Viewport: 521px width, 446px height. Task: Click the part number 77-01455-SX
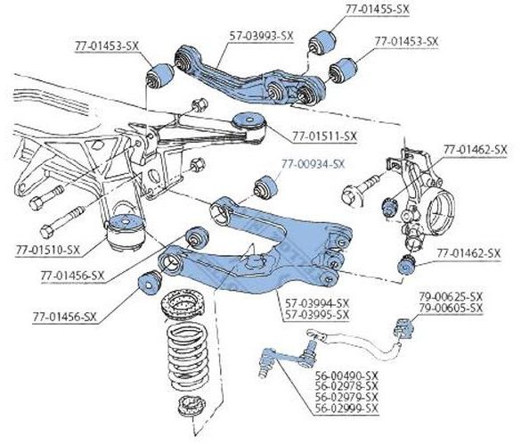click(x=377, y=9)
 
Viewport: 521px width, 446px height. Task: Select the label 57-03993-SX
click(x=262, y=36)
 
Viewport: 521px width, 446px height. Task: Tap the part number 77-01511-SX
click(x=324, y=136)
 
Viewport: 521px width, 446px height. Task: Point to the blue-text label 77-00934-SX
click(x=313, y=164)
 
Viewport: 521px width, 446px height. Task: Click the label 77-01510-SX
click(x=48, y=250)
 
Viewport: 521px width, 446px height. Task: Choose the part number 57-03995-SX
click(x=317, y=314)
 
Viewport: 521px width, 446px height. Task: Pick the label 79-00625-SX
click(x=451, y=296)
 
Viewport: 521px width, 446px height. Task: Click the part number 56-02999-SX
click(x=346, y=408)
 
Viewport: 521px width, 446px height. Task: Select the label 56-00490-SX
click(x=346, y=376)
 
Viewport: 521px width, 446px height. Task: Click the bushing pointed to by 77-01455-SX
click(x=322, y=42)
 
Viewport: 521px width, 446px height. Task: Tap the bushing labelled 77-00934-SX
click(x=265, y=186)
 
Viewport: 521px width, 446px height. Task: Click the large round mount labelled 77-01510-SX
click(x=126, y=232)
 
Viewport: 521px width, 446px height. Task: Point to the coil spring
click(x=188, y=356)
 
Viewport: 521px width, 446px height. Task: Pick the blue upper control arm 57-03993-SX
click(x=249, y=78)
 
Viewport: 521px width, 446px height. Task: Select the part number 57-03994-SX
click(x=317, y=303)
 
